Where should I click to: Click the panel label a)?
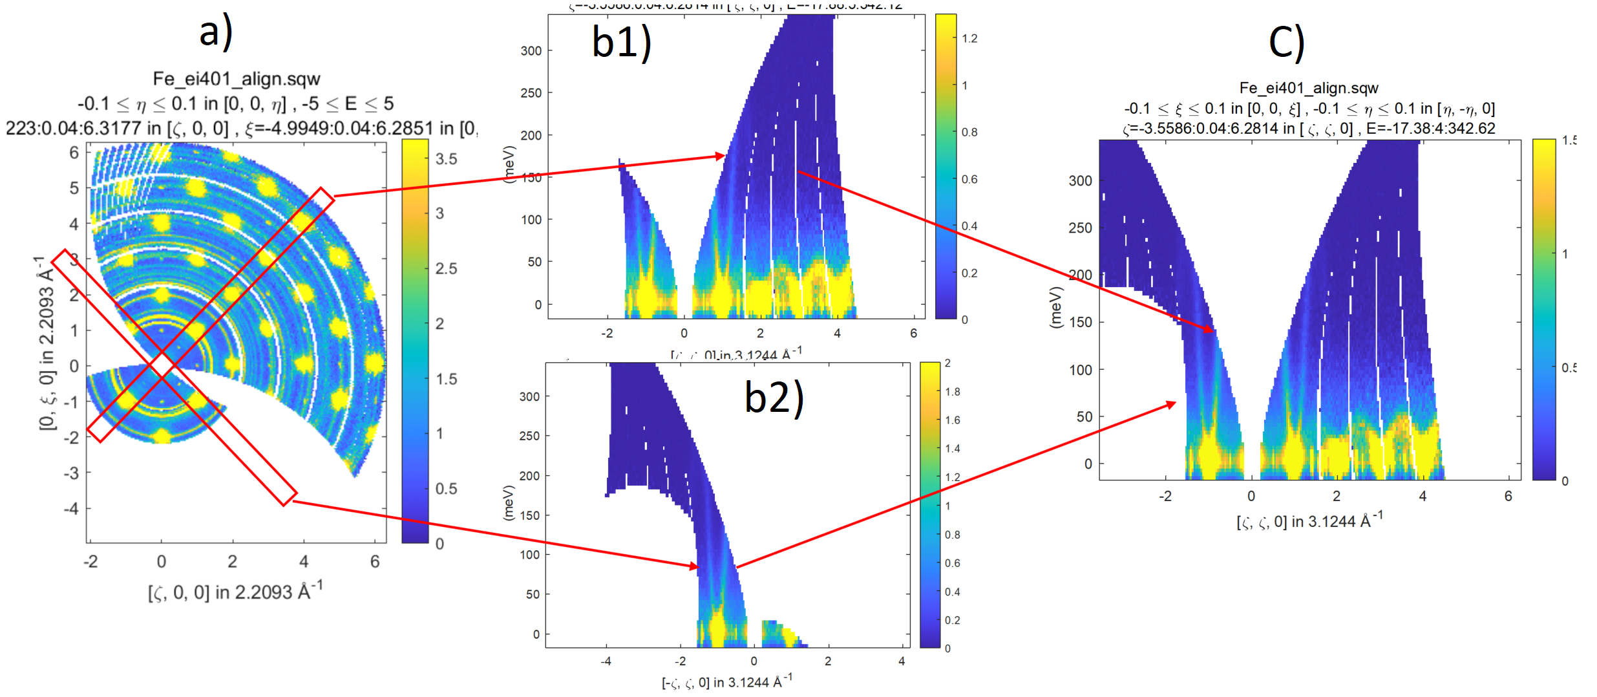click(x=216, y=32)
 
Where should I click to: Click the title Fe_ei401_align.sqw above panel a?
click(x=237, y=79)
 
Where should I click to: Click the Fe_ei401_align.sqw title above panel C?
click(x=1309, y=88)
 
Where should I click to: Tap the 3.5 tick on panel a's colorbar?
click(x=446, y=159)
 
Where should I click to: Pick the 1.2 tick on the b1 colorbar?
click(x=969, y=39)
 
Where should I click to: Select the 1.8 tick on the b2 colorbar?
click(x=952, y=392)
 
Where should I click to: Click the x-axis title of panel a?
click(x=235, y=592)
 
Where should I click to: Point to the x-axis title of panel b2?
click(x=726, y=681)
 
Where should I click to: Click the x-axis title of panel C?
click(x=1309, y=521)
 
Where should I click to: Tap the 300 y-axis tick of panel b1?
click(x=531, y=50)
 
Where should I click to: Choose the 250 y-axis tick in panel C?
click(x=1080, y=228)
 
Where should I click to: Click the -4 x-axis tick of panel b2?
click(x=606, y=661)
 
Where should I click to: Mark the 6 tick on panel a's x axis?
click(x=375, y=561)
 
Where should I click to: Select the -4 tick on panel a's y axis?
click(x=71, y=508)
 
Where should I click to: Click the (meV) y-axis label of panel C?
click(x=1055, y=307)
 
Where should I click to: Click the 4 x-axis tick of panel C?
click(x=1422, y=496)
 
